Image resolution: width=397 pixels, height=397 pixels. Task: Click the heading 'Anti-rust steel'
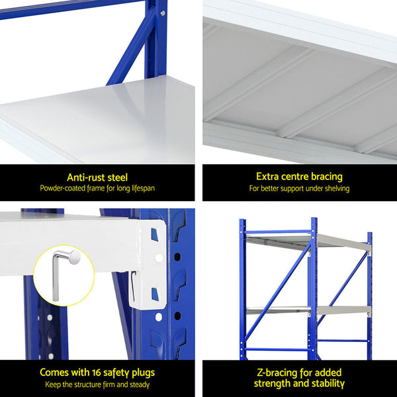(97, 177)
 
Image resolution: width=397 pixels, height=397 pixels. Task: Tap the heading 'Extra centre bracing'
(299, 177)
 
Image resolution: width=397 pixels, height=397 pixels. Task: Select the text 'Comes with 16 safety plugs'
(97, 373)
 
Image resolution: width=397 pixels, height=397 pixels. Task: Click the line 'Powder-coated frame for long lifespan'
(97, 189)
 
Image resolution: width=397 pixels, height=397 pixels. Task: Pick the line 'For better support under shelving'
(299, 189)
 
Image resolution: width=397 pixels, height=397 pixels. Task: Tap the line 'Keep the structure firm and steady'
(97, 384)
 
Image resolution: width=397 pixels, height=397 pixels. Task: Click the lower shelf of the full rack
(308, 310)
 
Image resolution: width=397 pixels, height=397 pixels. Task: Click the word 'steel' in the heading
(116, 177)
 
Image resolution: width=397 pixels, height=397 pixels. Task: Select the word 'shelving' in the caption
(335, 189)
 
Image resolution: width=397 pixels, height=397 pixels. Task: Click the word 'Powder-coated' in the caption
(64, 189)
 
